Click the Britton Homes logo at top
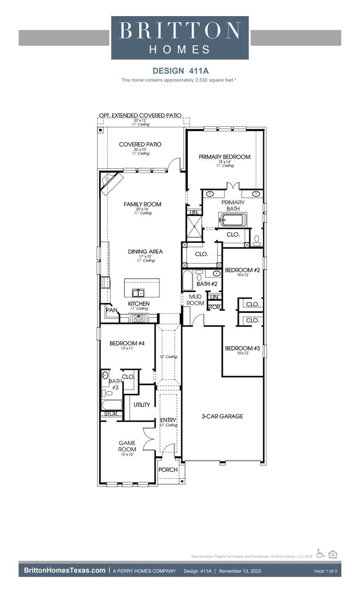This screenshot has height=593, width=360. tap(180, 38)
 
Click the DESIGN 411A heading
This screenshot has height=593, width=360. tap(180, 71)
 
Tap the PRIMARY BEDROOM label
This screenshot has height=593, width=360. tap(224, 157)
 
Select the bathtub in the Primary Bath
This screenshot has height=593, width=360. tap(233, 220)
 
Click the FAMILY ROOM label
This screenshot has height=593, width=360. tap(143, 204)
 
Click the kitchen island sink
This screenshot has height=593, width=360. tap(138, 293)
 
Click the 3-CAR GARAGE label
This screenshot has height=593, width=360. tap(222, 416)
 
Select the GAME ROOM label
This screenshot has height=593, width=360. tap(127, 446)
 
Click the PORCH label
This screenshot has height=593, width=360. tap(168, 469)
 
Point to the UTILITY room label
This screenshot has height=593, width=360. tap(142, 405)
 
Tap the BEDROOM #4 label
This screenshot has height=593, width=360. tap(127, 343)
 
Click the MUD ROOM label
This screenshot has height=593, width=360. tap(195, 300)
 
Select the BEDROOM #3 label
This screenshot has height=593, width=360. tap(242, 348)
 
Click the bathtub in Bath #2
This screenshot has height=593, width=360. tap(187, 280)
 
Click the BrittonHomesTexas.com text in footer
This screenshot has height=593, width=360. tap(65, 570)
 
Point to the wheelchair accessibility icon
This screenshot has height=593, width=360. tap(321, 553)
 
